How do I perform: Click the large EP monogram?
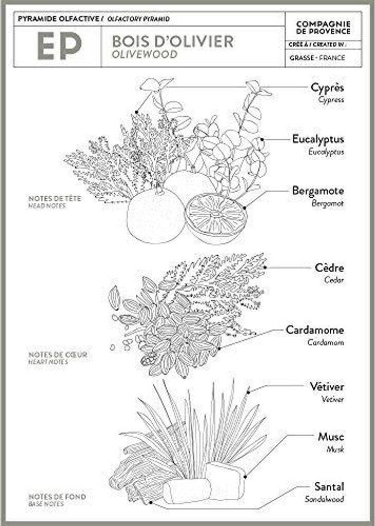coord(59,47)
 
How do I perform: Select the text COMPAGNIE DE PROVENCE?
coord(324,28)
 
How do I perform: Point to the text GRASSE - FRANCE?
coord(317,58)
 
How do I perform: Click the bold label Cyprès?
coord(327,87)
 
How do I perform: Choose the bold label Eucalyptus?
coord(318,139)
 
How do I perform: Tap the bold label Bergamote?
coord(318,191)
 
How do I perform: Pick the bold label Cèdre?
coord(329,268)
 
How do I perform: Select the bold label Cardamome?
coord(315,330)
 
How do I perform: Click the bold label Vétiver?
coord(327,386)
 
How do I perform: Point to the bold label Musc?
coord(331,437)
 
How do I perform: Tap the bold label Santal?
coord(329,486)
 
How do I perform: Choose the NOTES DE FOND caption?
coord(57,497)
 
